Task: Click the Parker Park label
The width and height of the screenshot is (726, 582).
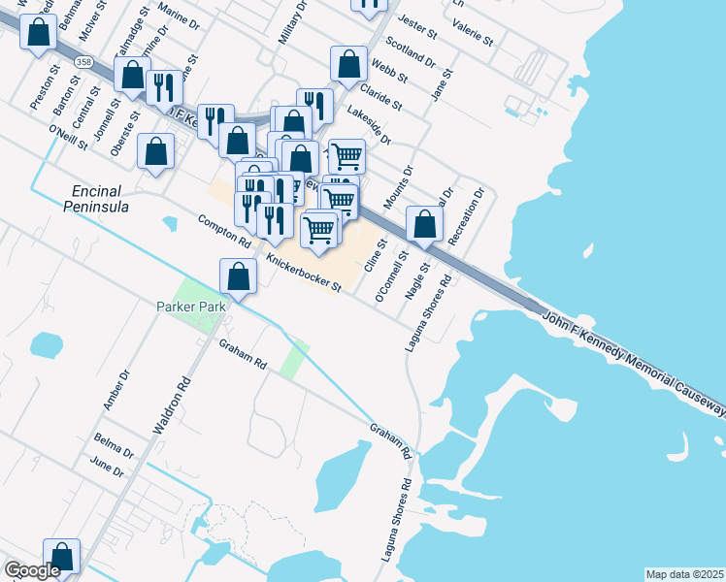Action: click(190, 307)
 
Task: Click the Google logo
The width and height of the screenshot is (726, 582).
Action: click(32, 570)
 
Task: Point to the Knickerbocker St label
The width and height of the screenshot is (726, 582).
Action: click(304, 273)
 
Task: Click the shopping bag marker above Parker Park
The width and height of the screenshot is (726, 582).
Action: click(238, 277)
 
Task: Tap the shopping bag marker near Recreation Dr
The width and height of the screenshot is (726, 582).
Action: click(424, 224)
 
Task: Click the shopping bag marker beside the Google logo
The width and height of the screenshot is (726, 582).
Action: click(61, 558)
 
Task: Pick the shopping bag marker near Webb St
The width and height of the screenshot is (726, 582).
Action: click(348, 65)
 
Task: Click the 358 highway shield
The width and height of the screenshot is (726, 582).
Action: click(84, 62)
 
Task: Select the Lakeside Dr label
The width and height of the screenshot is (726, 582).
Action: click(368, 126)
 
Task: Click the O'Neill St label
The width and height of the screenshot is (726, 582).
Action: click(67, 137)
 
